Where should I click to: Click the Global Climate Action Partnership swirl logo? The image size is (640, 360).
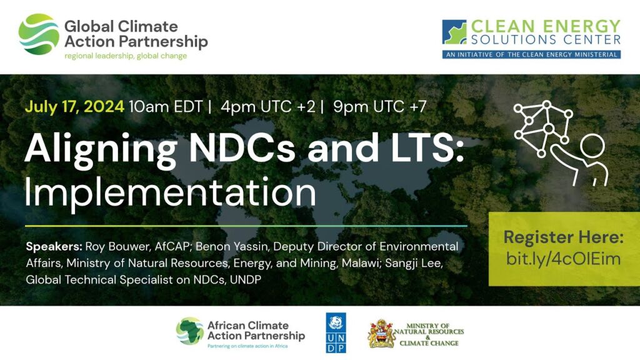pyautogui.click(x=39, y=34)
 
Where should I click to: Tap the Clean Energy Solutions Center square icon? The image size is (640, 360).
pyautogui.click(x=454, y=32)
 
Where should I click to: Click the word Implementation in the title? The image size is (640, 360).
pyautogui.click(x=170, y=192)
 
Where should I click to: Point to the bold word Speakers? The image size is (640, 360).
pyautogui.click(x=53, y=246)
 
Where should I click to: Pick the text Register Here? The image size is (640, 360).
pyautogui.click(x=563, y=237)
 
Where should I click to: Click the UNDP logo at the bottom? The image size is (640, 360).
pyautogui.click(x=336, y=333)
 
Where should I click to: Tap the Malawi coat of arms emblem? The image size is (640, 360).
pyautogui.click(x=381, y=334)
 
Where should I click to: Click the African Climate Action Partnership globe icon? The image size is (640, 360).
pyautogui.click(x=189, y=331)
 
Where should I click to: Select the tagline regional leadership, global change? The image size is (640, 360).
pyautogui.click(x=125, y=56)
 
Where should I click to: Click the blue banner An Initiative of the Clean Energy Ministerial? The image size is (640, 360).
pyautogui.click(x=531, y=54)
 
